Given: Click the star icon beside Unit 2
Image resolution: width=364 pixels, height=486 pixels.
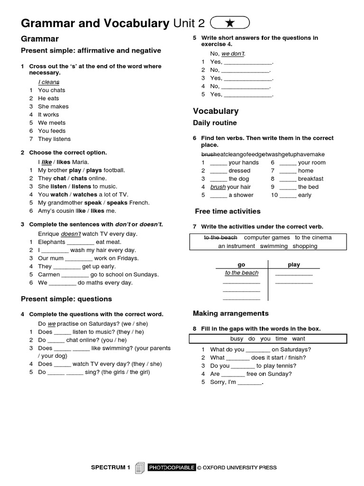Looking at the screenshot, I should (x=229, y=22).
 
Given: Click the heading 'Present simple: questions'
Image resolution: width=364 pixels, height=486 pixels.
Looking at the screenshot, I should (x=66, y=299).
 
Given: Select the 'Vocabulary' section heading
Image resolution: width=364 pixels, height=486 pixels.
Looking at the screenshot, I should (x=216, y=111).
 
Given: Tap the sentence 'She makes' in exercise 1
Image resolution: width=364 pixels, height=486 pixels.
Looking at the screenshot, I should (x=53, y=106).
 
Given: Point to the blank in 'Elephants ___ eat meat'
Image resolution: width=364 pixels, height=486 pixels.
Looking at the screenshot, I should (x=80, y=242).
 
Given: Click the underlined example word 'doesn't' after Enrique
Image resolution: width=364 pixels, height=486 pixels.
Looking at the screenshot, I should (x=71, y=234).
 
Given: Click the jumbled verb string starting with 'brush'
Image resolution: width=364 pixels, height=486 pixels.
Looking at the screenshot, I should (x=263, y=154).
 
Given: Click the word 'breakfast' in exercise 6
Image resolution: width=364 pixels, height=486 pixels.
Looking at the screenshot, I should (x=310, y=179).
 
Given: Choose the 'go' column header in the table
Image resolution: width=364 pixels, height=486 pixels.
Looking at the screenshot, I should (x=241, y=265).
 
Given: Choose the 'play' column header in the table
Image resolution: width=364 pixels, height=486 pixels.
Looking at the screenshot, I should (x=294, y=265).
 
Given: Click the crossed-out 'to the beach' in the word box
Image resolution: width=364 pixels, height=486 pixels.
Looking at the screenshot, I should (x=220, y=237).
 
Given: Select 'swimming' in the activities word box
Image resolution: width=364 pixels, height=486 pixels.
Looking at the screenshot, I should (x=274, y=246).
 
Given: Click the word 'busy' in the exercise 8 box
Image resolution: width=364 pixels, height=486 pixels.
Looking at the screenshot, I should (x=237, y=339).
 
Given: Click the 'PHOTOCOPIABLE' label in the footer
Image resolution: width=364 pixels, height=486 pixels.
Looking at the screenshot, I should (x=172, y=468).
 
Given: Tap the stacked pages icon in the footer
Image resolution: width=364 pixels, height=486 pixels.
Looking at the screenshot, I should (x=139, y=468).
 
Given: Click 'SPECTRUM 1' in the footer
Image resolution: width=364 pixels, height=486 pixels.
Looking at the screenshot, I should (x=110, y=468).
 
